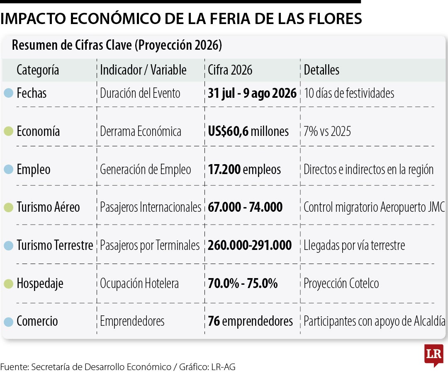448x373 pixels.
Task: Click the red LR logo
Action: click(434, 355)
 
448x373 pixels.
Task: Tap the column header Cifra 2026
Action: click(230, 70)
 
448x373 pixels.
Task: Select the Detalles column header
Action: click(321, 70)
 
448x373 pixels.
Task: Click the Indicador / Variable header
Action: click(143, 70)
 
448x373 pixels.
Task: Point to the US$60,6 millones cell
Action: click(248, 131)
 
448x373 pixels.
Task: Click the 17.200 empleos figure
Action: click(244, 170)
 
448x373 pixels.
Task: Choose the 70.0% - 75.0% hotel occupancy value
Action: click(243, 283)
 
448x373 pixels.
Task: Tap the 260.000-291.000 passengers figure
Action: click(250, 245)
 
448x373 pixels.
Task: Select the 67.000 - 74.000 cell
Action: click(245, 207)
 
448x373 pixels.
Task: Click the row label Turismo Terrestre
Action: click(55, 245)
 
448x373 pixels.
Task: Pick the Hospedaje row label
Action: click(40, 283)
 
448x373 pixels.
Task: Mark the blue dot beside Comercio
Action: click(9, 322)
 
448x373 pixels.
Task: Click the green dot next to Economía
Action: click(9, 131)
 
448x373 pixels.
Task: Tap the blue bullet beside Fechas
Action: click(9, 93)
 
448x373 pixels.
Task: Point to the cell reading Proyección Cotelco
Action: click(341, 283)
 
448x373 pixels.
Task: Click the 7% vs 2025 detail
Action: click(327, 131)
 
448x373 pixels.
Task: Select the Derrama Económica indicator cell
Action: click(141, 131)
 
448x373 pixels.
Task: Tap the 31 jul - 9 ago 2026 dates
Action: click(252, 93)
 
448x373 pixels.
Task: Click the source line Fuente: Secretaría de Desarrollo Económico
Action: click(86, 367)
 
